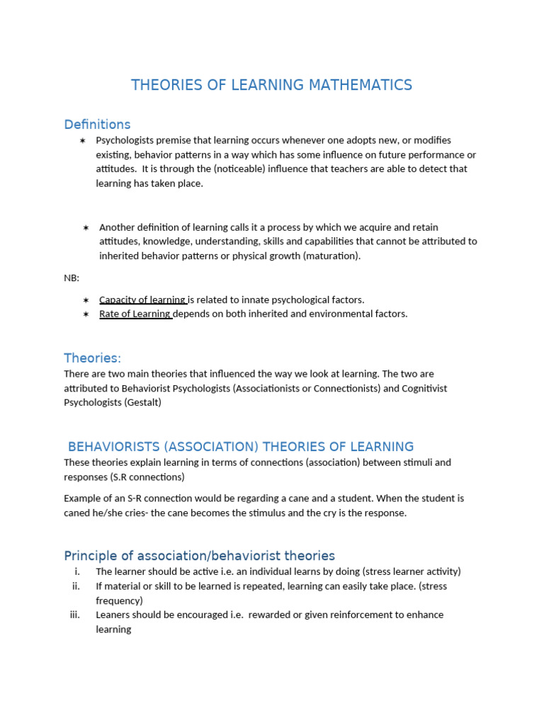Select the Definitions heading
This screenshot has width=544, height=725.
97,125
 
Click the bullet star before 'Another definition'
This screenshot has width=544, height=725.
86,227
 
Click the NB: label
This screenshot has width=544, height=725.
72,278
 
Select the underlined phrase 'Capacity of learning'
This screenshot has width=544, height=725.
142,299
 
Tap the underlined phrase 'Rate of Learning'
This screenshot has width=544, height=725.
135,314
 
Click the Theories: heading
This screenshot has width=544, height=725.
92,358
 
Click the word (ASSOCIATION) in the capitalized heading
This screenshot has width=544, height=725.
204,447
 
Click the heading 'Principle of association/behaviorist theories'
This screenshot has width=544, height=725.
199,556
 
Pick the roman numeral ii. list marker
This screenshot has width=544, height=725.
76,586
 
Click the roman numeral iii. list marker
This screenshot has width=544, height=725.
75,615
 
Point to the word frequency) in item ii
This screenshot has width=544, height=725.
119,600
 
